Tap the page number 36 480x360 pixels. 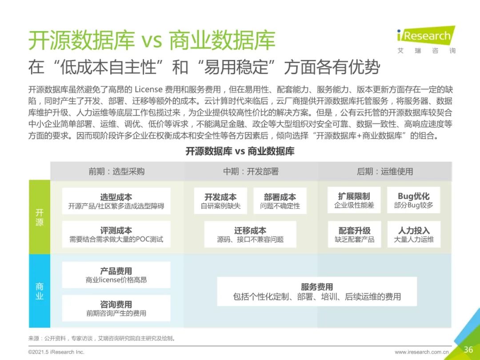coord(468,349)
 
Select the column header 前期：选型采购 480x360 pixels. coord(116,172)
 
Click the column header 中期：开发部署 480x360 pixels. coord(251,172)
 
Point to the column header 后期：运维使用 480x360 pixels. coord(384,172)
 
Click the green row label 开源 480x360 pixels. coord(40,217)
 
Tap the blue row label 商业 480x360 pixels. coord(40,291)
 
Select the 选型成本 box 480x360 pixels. coord(116,201)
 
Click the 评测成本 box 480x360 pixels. coord(116,234)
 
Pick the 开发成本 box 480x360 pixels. coord(220,201)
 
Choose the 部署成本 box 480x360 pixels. coord(280,201)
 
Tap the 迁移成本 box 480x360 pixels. coord(250,234)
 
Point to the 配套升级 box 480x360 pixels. coord(354,234)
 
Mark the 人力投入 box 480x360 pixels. coord(413,234)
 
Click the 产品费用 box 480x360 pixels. coord(116,275)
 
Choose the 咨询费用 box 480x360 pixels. coord(116,308)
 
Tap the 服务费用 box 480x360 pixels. coord(316,292)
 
